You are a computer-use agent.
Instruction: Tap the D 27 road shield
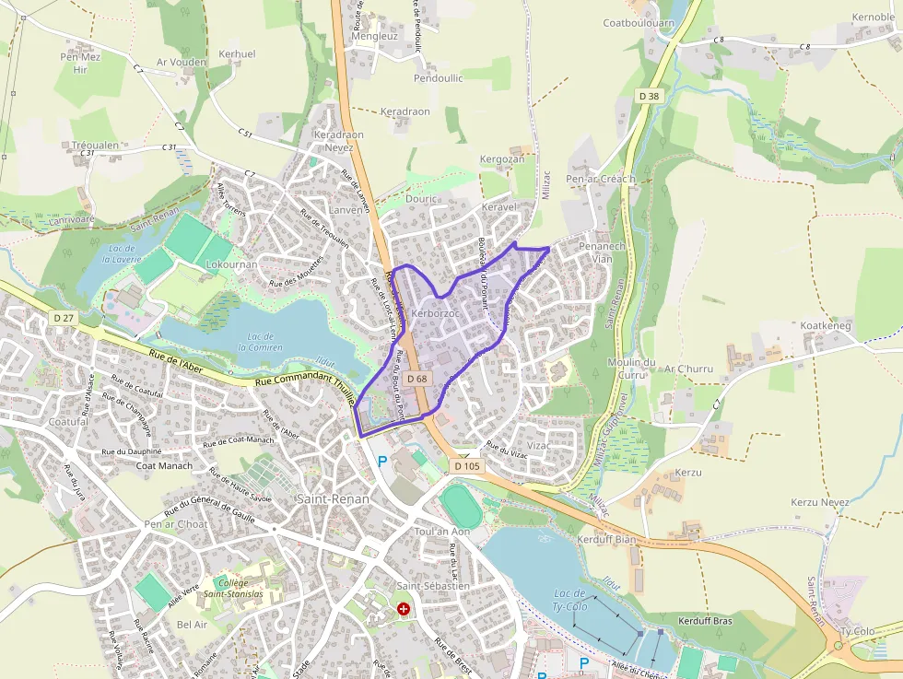(63, 318)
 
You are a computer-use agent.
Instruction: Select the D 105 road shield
(467, 466)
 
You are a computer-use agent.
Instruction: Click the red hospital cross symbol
(404, 609)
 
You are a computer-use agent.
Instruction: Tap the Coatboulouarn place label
(639, 23)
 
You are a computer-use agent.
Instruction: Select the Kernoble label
(874, 18)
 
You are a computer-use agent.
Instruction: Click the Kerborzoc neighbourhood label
(437, 314)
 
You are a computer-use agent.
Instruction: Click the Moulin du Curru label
(631, 369)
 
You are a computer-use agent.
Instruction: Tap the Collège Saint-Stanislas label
(233, 588)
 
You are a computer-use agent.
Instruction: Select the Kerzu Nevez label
(820, 502)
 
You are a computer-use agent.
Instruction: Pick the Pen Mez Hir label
(79, 63)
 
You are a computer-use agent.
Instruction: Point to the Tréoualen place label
(95, 146)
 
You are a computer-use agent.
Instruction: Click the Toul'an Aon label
(442, 532)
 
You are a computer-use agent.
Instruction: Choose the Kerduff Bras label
(705, 621)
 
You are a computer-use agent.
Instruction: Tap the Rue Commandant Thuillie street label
(305, 386)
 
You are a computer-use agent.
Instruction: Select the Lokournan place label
(231, 263)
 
